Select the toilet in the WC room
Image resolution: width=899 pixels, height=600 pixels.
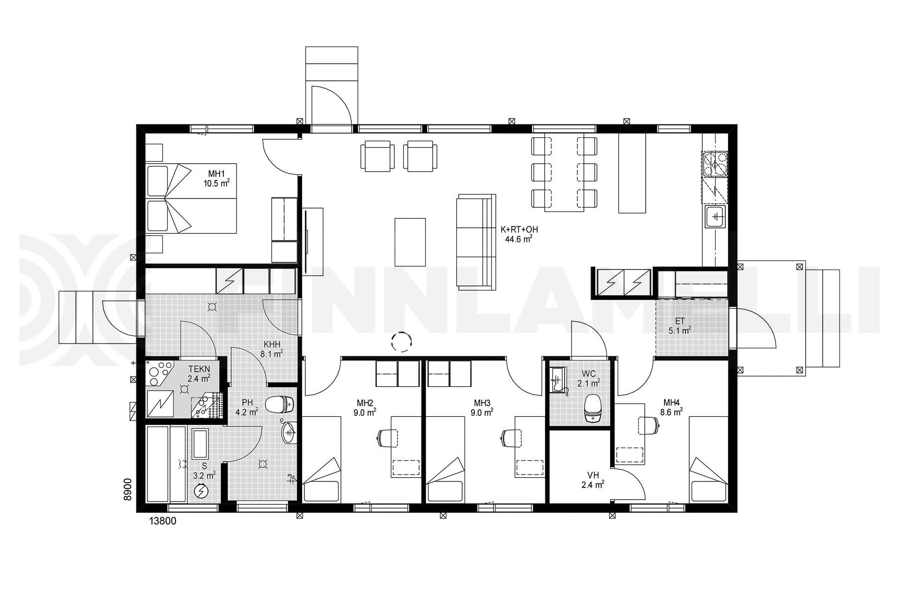[593, 408]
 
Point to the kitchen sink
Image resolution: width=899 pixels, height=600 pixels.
[715, 217]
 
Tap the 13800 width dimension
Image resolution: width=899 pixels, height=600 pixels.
[162, 521]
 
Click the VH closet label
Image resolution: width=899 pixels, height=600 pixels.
[593, 476]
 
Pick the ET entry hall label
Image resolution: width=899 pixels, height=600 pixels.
[680, 321]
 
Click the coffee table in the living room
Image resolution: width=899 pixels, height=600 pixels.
[410, 242]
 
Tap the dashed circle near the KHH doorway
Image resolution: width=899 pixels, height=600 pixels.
[401, 341]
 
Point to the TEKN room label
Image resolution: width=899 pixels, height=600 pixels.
[199, 369]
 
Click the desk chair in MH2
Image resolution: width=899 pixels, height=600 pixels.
[387, 438]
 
